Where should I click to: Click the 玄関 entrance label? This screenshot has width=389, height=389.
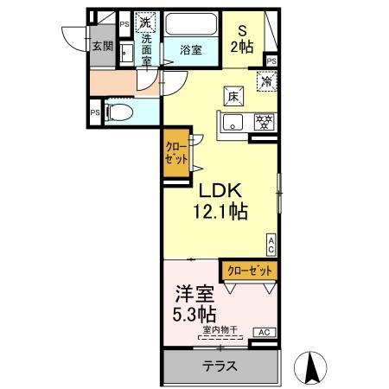pyautogui.click(x=103, y=46)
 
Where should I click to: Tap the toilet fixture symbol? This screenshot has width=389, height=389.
pyautogui.click(x=119, y=112)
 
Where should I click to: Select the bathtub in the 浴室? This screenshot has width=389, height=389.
pyautogui.click(x=191, y=24)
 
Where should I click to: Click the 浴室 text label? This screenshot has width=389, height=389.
pyautogui.click(x=191, y=50)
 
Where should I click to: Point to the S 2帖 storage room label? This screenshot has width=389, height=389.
pyautogui.click(x=242, y=39)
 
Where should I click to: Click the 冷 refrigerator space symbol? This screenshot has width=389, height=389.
pyautogui.click(x=266, y=81)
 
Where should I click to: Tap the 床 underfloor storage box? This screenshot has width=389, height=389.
pyautogui.click(x=233, y=97)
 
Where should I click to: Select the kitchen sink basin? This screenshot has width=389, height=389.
pyautogui.click(x=233, y=123)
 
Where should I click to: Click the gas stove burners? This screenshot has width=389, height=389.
pyautogui.click(x=264, y=122)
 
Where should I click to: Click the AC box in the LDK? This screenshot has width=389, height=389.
pyautogui.click(x=271, y=245)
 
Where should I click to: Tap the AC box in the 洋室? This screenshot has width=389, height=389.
pyautogui.click(x=265, y=332)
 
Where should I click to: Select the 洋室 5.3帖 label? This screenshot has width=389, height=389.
pyautogui.click(x=194, y=303)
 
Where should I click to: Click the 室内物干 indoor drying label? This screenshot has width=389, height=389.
pyautogui.click(x=220, y=329)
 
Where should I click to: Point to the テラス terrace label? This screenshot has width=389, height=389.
pyautogui.click(x=220, y=367)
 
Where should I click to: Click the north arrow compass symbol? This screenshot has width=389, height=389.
pyautogui.click(x=310, y=368)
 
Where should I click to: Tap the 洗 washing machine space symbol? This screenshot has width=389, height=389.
pyautogui.click(x=145, y=22)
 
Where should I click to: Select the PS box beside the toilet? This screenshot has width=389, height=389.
pyautogui.click(x=95, y=112)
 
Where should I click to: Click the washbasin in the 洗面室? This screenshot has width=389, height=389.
pyautogui.click(x=126, y=54)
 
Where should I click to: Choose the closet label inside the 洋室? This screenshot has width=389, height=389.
pyautogui.click(x=250, y=271)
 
